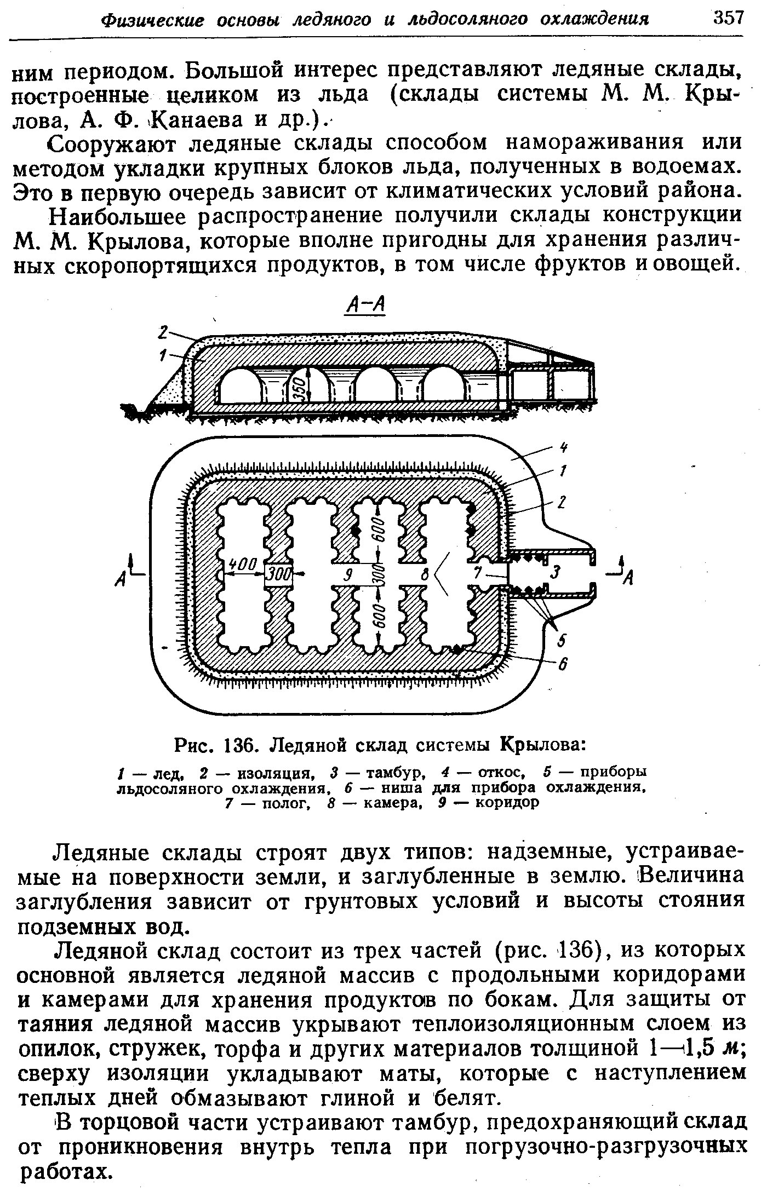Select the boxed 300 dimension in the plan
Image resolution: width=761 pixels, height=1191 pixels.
[x=279, y=575]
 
